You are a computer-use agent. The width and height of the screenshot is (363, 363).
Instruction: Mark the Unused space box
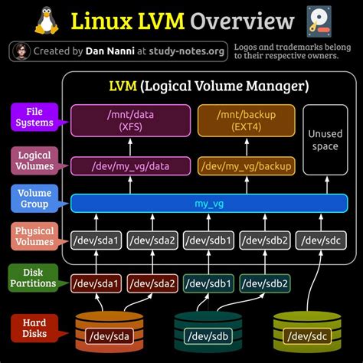tap(324, 139)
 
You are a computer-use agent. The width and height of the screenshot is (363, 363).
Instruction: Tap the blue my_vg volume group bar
tap(206, 203)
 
